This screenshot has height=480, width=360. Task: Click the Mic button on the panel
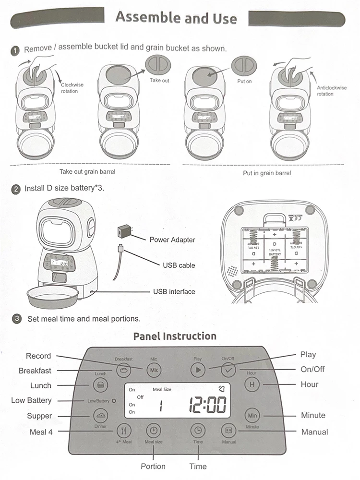153,370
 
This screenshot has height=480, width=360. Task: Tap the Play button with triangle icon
197,370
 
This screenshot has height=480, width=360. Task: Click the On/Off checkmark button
228,370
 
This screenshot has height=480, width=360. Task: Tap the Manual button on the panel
228,430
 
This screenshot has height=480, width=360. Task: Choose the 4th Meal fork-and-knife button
123,430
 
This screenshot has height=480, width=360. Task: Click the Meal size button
153,430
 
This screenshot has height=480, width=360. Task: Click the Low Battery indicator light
114,400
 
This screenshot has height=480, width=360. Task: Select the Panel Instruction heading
175,336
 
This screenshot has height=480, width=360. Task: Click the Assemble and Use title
176,18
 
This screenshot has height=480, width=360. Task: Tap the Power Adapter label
172,240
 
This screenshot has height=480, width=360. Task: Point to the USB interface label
174,291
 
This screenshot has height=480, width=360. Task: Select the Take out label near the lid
159,80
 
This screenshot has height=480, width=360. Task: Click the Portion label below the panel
153,466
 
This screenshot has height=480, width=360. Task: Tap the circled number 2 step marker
17,189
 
